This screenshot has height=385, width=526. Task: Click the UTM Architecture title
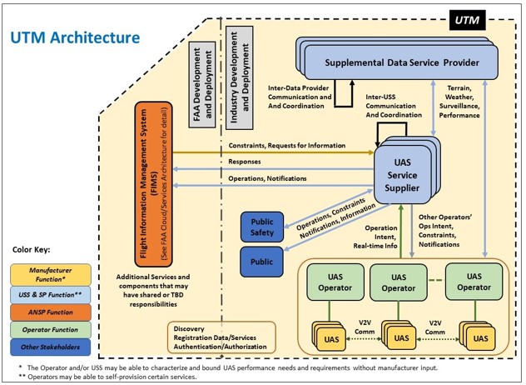75,37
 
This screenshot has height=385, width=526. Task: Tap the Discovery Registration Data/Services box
221,337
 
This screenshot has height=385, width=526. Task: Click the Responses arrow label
246,162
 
